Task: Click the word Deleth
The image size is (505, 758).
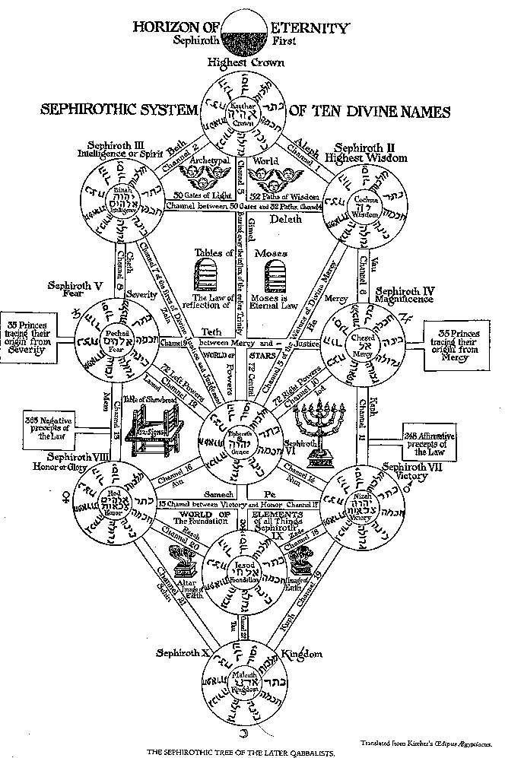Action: tap(285, 219)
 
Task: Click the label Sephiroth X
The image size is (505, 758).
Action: tap(180, 653)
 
